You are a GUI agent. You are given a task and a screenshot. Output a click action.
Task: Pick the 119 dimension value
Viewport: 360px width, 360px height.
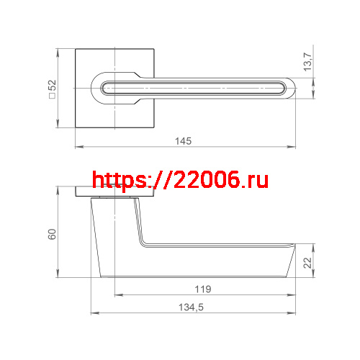[x=203, y=289]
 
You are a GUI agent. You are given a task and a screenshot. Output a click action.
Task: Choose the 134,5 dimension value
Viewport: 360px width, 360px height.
[x=194, y=307]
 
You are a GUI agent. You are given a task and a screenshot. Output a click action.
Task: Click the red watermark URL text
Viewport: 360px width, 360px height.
[x=180, y=180]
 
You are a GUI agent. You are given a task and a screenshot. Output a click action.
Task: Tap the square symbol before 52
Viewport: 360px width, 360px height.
[x=52, y=99]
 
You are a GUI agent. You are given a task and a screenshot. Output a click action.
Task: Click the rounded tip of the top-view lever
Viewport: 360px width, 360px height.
[x=289, y=89]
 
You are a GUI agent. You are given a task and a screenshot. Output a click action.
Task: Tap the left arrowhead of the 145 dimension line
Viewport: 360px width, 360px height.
[x=78, y=148]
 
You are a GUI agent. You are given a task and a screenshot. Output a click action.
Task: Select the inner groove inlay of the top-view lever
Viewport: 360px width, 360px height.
[x=194, y=89]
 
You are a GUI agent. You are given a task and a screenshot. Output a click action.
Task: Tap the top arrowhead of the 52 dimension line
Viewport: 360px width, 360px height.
[x=58, y=51]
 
